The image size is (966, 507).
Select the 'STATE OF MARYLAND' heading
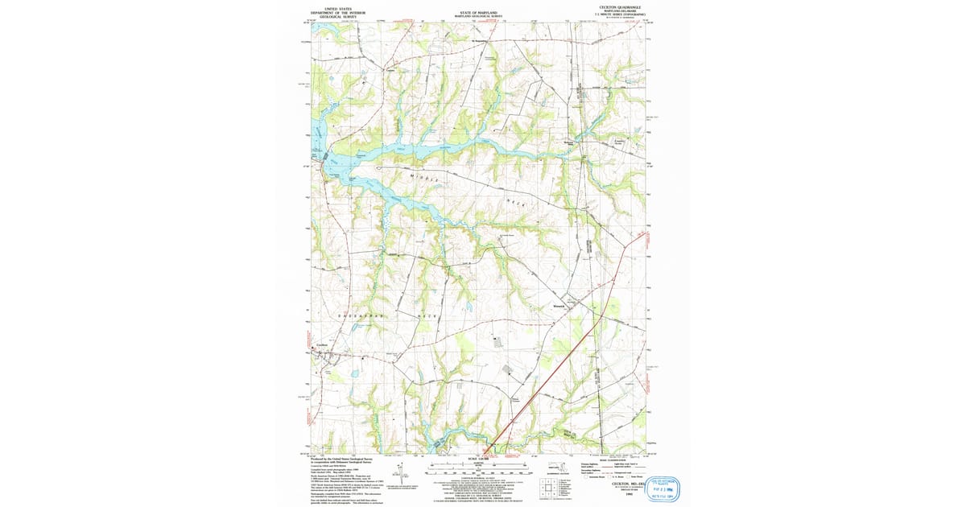click(478, 13)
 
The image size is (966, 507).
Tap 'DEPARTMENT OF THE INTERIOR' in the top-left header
click(338, 13)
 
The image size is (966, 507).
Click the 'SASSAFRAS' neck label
click(357, 317)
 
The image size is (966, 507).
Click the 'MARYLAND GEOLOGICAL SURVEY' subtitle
click(478, 17)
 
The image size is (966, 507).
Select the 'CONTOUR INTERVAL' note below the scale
click(478, 476)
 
